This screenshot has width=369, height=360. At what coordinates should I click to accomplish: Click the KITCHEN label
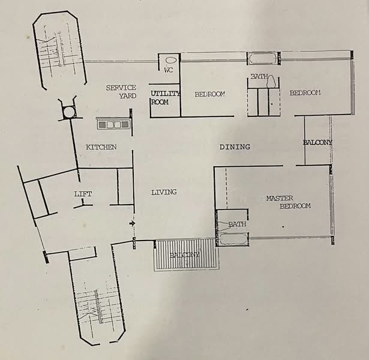click(x=101, y=147)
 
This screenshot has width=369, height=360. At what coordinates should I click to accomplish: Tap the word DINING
click(x=235, y=147)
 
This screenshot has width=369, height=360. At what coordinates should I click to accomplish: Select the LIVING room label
click(x=164, y=193)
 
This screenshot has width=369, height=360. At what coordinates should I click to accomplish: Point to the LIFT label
click(x=83, y=194)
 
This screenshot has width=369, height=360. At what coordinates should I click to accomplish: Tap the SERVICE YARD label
click(x=121, y=91)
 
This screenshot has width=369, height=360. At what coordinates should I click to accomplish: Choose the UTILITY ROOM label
click(x=160, y=98)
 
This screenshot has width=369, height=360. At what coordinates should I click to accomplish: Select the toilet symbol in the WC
click(x=170, y=61)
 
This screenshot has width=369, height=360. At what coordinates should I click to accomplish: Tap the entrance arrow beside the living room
click(x=132, y=224)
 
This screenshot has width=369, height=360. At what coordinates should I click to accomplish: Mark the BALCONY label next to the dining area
click(x=317, y=142)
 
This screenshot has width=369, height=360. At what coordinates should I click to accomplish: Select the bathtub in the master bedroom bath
click(x=233, y=239)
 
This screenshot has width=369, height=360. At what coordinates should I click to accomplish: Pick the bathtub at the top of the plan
click(x=263, y=59)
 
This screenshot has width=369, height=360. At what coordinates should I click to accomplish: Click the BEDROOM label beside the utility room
click(x=209, y=94)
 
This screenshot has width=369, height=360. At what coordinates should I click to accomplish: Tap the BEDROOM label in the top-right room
click(x=305, y=93)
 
